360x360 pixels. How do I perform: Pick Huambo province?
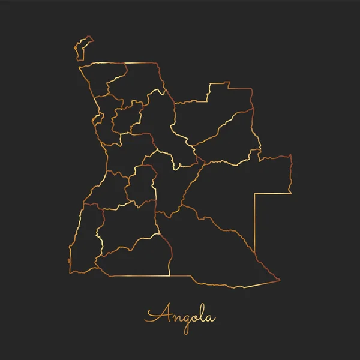tap(140, 186)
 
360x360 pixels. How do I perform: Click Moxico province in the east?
tap(240, 192)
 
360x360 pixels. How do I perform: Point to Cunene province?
tap(135, 258)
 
